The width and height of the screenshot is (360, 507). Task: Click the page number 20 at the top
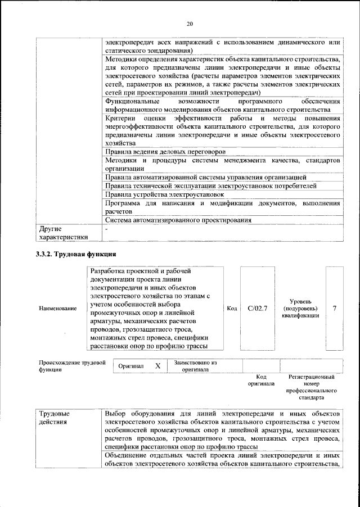(x=190, y=23)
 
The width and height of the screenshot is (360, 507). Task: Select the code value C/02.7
(x=257, y=308)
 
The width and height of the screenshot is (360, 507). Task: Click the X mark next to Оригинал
(x=158, y=366)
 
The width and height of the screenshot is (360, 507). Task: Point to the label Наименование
(x=58, y=309)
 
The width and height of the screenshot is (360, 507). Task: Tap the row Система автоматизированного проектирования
(x=178, y=220)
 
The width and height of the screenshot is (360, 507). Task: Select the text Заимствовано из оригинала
(x=195, y=366)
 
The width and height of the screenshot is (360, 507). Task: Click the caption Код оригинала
(x=261, y=380)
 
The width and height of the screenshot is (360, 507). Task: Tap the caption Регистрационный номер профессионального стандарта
(x=311, y=387)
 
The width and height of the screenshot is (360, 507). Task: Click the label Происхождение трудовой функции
(x=72, y=366)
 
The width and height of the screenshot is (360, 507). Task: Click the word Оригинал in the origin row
(x=131, y=366)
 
